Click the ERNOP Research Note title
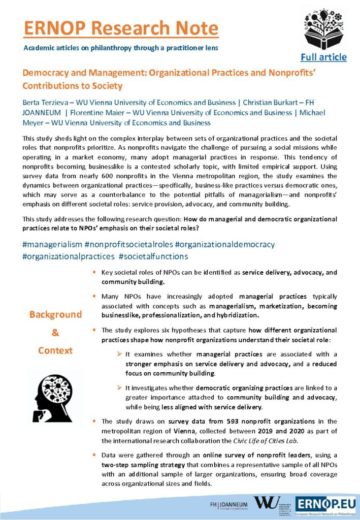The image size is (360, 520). (121, 28)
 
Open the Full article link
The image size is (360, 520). (323, 57)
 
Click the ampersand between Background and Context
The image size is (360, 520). (55, 333)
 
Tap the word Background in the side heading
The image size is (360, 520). (55, 314)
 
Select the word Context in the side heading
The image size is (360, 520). (55, 350)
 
